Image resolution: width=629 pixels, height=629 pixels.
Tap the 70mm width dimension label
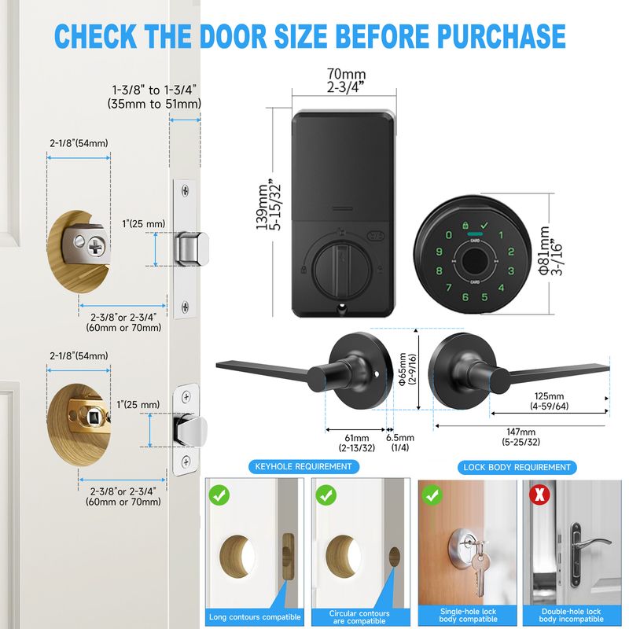click(x=346, y=74)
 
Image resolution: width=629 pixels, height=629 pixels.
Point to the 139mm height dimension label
click(x=262, y=207)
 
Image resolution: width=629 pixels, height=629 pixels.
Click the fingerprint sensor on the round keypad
click(x=474, y=261)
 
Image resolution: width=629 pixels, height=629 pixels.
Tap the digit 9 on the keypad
click(x=440, y=252)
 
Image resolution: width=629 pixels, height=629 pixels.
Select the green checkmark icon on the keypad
click(x=484, y=225)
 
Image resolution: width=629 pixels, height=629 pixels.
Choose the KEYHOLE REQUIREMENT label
click(x=303, y=466)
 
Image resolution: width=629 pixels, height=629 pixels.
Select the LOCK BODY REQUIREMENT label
click(x=517, y=467)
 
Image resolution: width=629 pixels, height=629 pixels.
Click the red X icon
click(x=539, y=495)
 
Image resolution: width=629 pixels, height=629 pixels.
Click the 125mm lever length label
click(x=549, y=396)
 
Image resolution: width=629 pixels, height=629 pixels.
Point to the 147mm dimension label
click(x=520, y=432)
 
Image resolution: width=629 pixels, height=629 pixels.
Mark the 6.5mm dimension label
click(x=400, y=438)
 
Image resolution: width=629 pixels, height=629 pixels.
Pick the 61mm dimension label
click(x=357, y=438)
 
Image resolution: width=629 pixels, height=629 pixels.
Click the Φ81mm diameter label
click(x=544, y=250)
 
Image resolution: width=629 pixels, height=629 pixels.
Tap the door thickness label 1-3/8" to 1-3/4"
click(x=154, y=90)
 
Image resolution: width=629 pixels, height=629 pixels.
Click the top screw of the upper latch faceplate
click(x=185, y=190)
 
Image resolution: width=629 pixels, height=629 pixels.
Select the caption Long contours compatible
click(x=255, y=617)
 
